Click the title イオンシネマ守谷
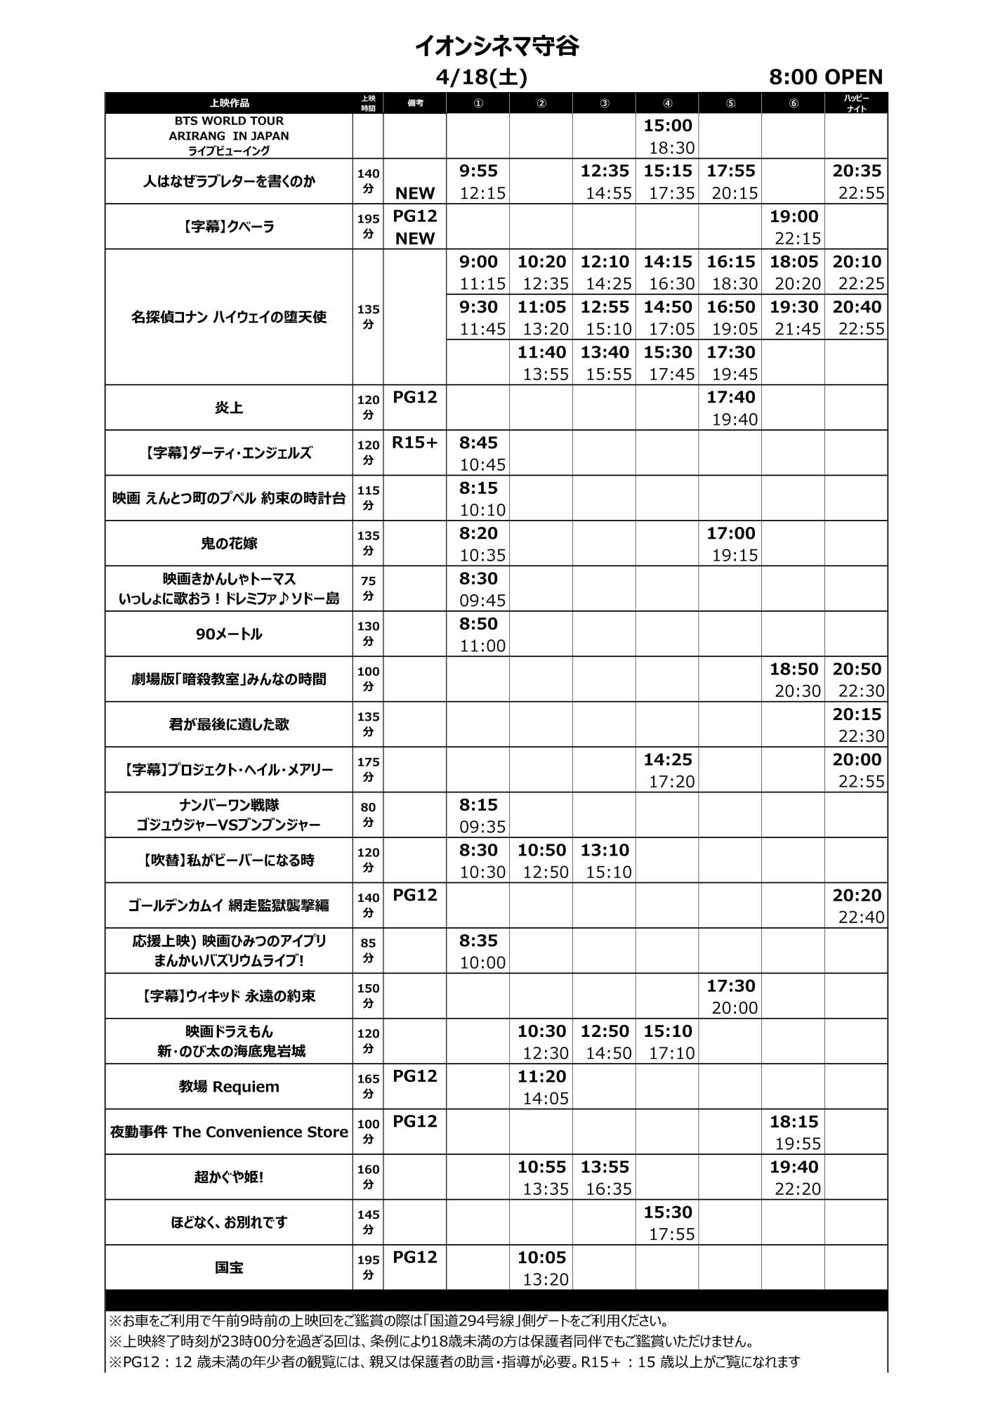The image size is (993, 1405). coord(496,46)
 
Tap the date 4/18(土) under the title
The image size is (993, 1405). coord(481,77)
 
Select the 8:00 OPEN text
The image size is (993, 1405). coord(825,77)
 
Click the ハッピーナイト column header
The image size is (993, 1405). coord(856,103)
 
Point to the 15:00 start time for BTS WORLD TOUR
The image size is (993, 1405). coord(667,126)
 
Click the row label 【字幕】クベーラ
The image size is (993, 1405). coord(228,227)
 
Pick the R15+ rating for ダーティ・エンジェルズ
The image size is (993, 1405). coord(414,443)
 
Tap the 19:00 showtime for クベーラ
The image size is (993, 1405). coord(794,216)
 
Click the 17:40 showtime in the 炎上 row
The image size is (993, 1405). coord(730,398)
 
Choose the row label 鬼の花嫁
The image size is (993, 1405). coord(228,543)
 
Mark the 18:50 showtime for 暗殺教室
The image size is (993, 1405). coord(794,669)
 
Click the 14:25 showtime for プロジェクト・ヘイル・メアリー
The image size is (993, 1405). coord(667,759)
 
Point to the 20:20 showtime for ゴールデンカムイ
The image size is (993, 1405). coord(856,895)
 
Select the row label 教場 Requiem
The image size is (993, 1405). coord(228,1087)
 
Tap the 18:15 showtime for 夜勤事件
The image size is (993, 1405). coord(794,1122)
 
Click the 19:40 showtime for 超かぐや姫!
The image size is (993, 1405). coord(794,1167)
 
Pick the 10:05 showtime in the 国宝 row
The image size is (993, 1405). coord(541,1257)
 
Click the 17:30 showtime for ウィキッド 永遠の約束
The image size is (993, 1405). coord(730,986)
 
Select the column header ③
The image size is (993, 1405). coord(604,103)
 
